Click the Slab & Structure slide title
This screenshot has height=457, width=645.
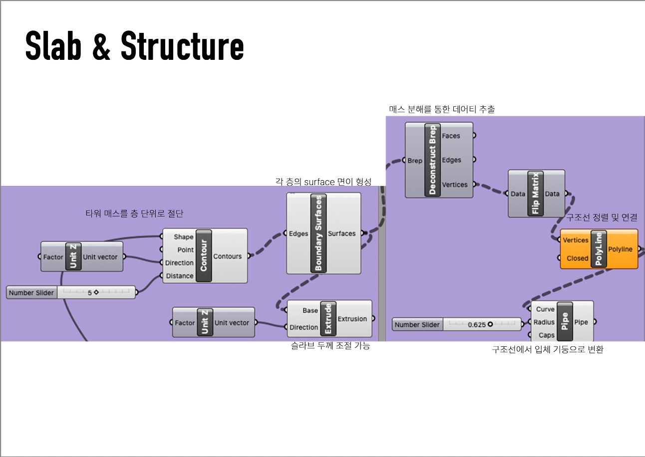pyautogui.click(x=134, y=46)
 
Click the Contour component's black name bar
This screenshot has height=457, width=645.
pyautogui.click(x=204, y=256)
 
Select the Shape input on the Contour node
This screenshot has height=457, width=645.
pyautogui.click(x=183, y=237)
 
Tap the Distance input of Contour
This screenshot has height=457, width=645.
pyautogui.click(x=179, y=276)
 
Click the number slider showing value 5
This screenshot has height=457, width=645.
pyautogui.click(x=71, y=293)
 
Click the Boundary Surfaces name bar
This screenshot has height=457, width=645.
pyautogui.click(x=318, y=233)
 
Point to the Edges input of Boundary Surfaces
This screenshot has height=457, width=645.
pyautogui.click(x=299, y=233)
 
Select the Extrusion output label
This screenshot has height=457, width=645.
pyautogui.click(x=352, y=319)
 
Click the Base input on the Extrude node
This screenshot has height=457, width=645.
pyautogui.click(x=310, y=310)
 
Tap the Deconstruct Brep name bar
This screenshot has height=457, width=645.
pyautogui.click(x=432, y=160)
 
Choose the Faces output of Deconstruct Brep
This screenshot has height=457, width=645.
pyautogui.click(x=451, y=136)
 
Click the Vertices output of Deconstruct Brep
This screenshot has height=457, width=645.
pyautogui.click(x=455, y=185)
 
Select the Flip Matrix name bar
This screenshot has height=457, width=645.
pyautogui.click(x=536, y=194)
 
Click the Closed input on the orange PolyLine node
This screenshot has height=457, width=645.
pyautogui.click(x=577, y=258)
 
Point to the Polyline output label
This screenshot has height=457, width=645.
pyautogui.click(x=620, y=249)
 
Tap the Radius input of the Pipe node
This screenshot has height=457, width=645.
pyautogui.click(x=544, y=322)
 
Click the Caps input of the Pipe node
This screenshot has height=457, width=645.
pyautogui.click(x=546, y=335)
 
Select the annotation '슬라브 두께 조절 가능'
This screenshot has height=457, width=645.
pyautogui.click(x=330, y=346)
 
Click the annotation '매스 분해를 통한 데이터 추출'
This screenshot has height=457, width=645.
pyautogui.click(x=442, y=109)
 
